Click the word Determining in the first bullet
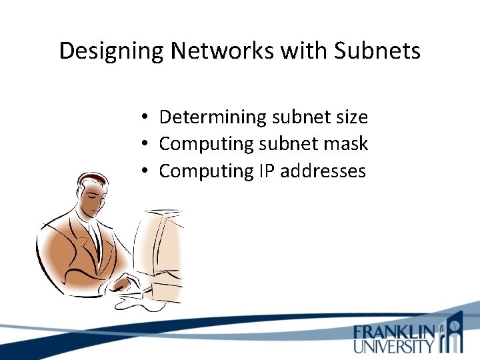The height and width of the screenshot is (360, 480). point(213,117)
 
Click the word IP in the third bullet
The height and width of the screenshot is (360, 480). point(265,171)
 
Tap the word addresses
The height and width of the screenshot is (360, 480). point(323,171)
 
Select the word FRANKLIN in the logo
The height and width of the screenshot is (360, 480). point(395,331)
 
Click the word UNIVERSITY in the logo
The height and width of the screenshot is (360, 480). point(394,346)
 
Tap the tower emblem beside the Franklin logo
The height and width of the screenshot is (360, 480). point(454,333)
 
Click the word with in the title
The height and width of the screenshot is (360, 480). point(307,51)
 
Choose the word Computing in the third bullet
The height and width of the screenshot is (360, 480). point(205,171)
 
